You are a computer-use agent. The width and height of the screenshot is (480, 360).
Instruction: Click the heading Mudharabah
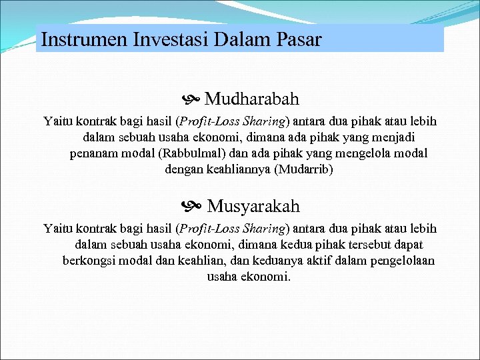click(x=251, y=99)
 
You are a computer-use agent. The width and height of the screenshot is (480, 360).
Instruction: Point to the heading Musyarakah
click(x=253, y=206)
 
